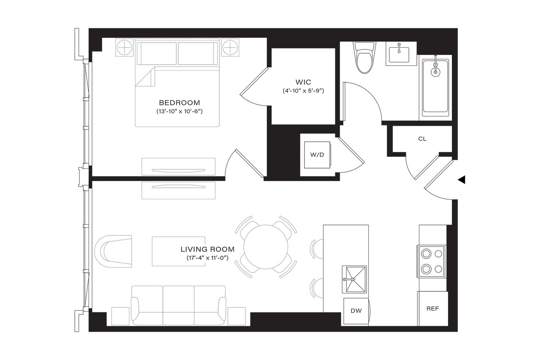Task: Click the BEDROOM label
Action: click(x=179, y=103)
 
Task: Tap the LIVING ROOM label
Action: click(x=207, y=249)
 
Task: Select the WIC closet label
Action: click(x=303, y=82)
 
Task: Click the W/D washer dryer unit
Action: click(x=317, y=154)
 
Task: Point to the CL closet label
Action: click(x=422, y=138)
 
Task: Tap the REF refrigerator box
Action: click(x=432, y=309)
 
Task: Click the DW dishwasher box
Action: click(x=356, y=311)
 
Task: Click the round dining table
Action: click(x=267, y=247)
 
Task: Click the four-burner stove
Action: click(x=431, y=261)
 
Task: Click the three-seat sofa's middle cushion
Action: click(x=178, y=300)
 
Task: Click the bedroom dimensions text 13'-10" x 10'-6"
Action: click(x=179, y=112)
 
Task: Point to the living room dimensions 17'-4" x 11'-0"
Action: click(x=207, y=258)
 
